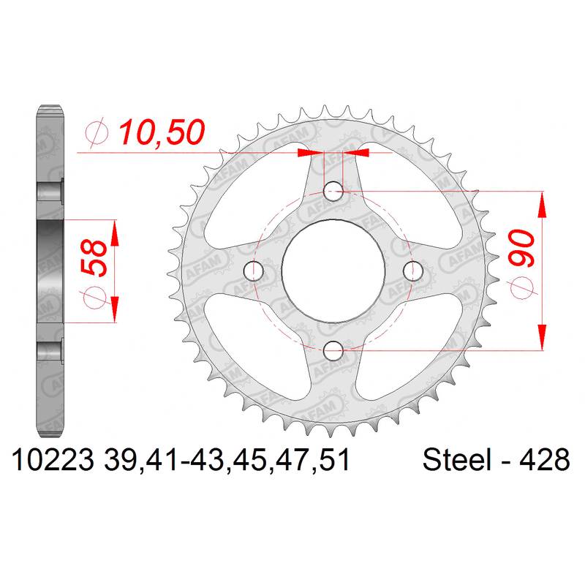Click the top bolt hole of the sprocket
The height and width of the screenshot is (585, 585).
[x=333, y=192]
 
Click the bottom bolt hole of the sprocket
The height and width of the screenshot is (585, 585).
[x=333, y=351]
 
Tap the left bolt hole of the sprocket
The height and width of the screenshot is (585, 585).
[x=253, y=271]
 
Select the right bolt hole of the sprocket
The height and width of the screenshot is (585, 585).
[x=413, y=271]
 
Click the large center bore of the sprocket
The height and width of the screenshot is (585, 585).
[x=333, y=271]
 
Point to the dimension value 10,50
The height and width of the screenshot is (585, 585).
[x=162, y=132]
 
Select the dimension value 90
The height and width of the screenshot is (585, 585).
[x=521, y=248]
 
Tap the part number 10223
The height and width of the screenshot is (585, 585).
[x=53, y=460]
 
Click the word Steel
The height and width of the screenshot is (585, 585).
[x=456, y=460]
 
